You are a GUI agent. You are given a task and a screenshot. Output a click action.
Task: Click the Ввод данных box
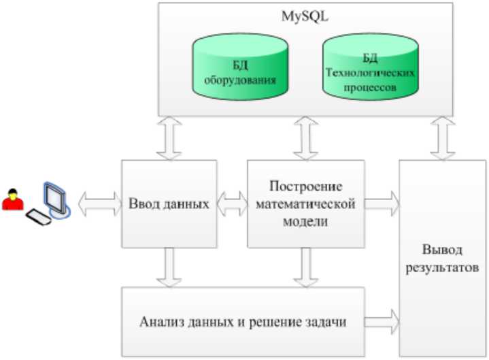tap(169, 203)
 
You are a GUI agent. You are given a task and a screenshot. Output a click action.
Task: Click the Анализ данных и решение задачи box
tap(243, 321)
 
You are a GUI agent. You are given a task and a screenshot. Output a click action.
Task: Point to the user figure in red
tap(12, 202)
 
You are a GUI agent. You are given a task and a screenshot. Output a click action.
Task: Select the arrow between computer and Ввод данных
tap(99, 203)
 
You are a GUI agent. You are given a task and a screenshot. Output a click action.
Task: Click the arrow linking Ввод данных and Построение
tap(232, 203)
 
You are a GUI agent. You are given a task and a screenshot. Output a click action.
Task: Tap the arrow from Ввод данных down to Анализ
tap(169, 267)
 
